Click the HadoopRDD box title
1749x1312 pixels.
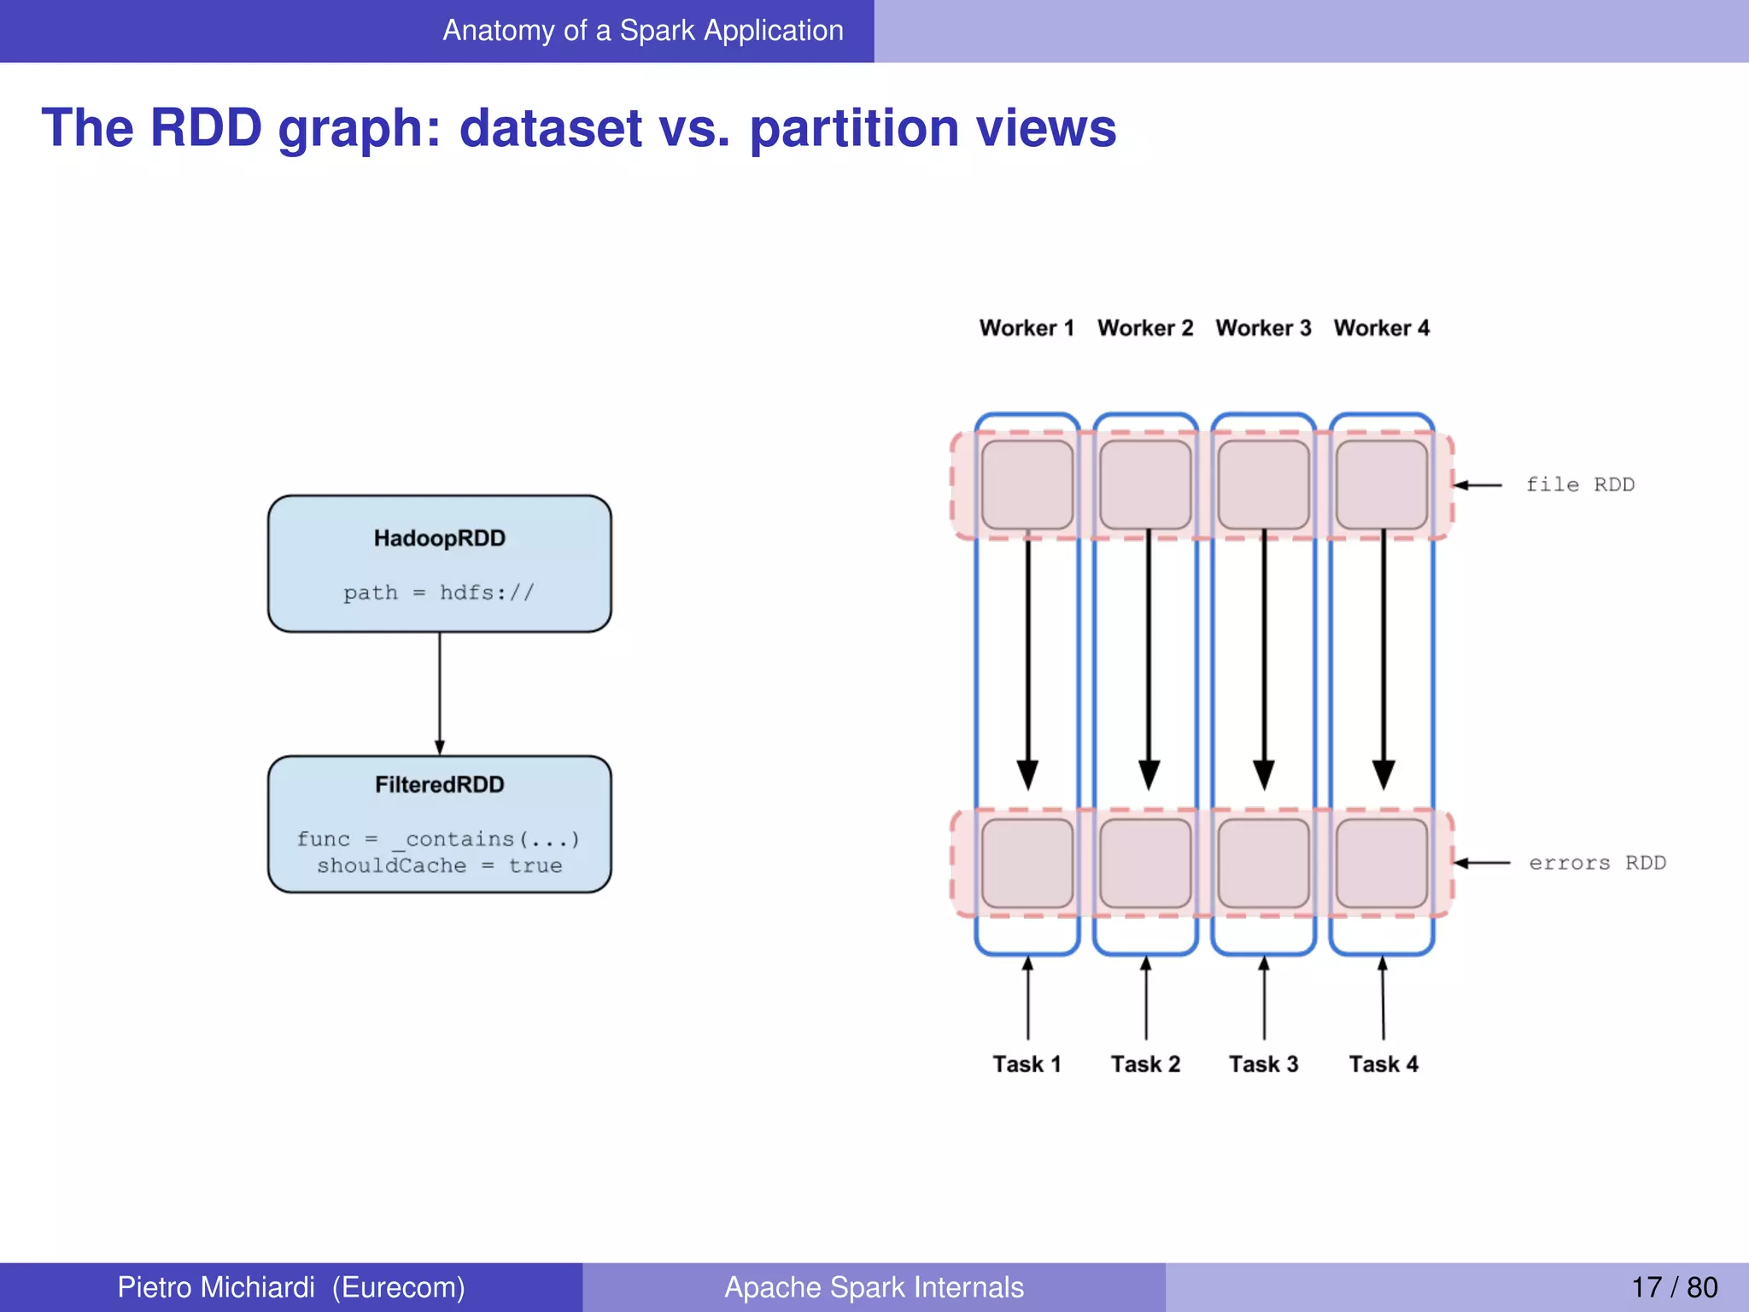pos(439,538)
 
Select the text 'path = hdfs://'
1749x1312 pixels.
pos(439,593)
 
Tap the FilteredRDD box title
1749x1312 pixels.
pos(439,784)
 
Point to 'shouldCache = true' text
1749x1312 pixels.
pos(439,866)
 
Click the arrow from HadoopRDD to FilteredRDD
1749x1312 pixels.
pos(439,692)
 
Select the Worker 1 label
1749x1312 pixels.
pos(1027,328)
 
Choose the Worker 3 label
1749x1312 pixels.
pos(1263,328)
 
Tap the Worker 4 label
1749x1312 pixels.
pos(1381,328)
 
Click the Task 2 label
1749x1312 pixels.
pos(1145,1064)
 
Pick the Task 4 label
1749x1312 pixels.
pos(1383,1064)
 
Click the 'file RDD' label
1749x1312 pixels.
pos(1580,485)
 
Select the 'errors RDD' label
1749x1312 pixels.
pos(1597,864)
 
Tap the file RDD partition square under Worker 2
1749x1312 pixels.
pos(1145,484)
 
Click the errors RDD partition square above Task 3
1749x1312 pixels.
pos(1263,863)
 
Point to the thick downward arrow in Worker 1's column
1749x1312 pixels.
pos(1027,666)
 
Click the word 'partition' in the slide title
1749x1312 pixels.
pos(854,128)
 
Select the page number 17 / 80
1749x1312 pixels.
pos(1674,1287)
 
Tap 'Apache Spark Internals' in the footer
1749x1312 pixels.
pos(874,1287)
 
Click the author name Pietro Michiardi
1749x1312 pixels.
pos(216,1287)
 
